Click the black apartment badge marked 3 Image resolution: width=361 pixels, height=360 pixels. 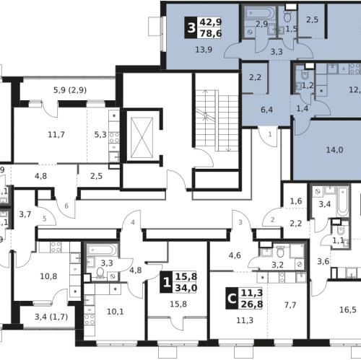pyautogui.click(x=191, y=27)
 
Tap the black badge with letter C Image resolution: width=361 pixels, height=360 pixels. pyautogui.click(x=232, y=298)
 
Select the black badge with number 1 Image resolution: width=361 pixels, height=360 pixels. pyautogui.click(x=166, y=282)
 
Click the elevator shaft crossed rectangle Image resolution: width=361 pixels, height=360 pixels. pyautogui.click(x=142, y=138)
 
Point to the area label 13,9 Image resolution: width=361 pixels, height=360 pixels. pyautogui.click(x=204, y=50)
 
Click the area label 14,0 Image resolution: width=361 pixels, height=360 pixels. pyautogui.click(x=334, y=150)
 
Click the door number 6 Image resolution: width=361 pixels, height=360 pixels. pyautogui.click(x=66, y=206)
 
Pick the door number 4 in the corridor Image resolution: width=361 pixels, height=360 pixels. pyautogui.click(x=133, y=222)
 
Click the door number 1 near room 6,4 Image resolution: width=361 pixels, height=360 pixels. pyautogui.click(x=270, y=134)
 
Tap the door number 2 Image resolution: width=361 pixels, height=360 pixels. pyautogui.click(x=272, y=219)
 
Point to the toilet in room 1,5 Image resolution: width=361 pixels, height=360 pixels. pyautogui.click(x=287, y=16)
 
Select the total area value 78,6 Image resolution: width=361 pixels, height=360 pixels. pyautogui.click(x=211, y=33)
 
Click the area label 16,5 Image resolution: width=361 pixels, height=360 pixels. pyautogui.click(x=348, y=309)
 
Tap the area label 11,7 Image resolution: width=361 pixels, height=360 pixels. pyautogui.click(x=56, y=134)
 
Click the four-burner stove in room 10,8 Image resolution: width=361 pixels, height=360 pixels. pyautogui.click(x=56, y=247)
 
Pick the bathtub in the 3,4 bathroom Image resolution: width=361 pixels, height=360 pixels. pyautogui.click(x=342, y=201)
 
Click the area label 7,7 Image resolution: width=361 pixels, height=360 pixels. pyautogui.click(x=290, y=305)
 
